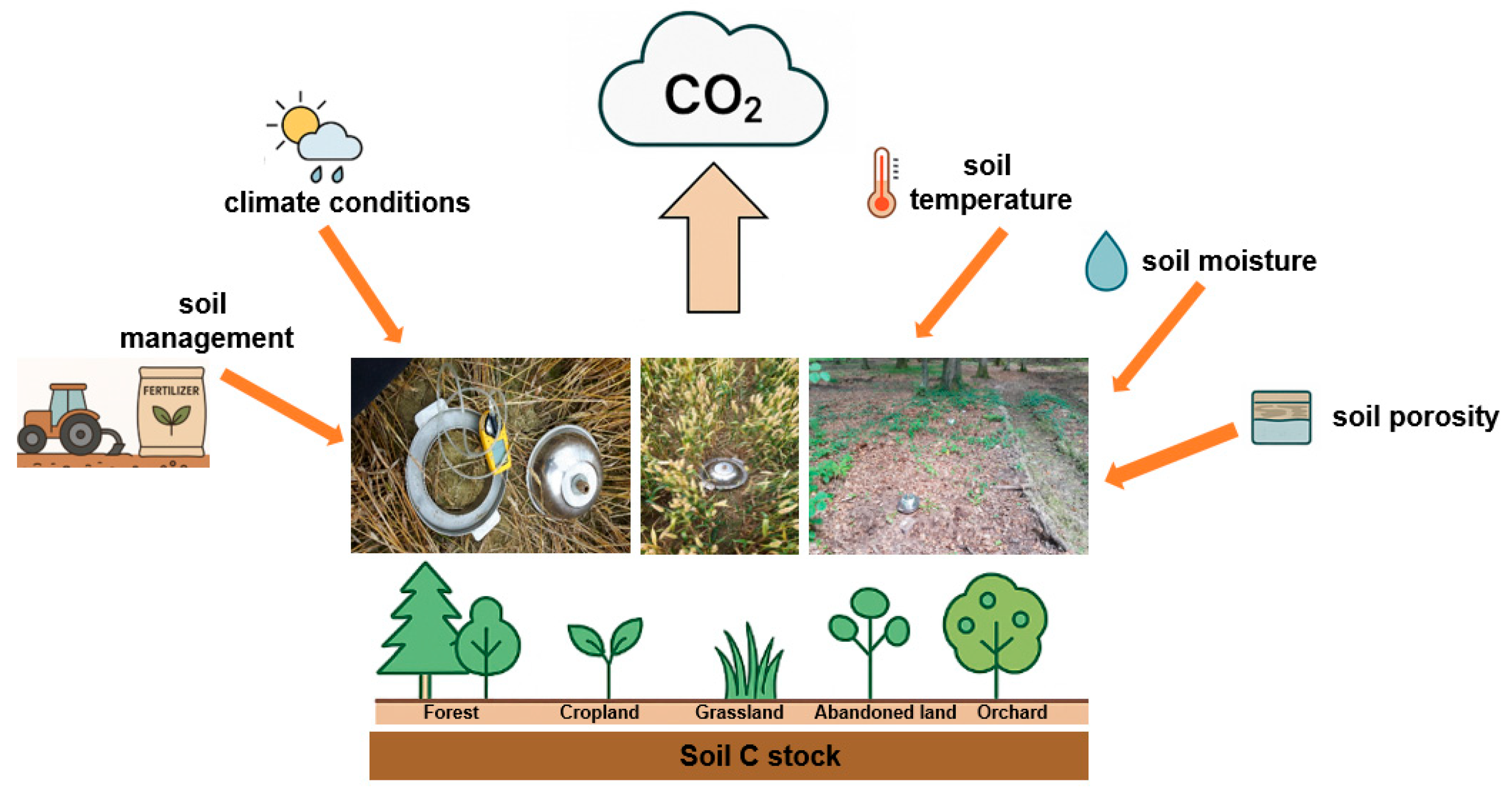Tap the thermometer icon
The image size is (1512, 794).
click(x=881, y=183)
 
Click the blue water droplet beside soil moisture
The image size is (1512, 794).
click(x=1106, y=263)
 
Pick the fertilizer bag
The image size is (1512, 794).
click(x=172, y=411)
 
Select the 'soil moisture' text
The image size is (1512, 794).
click(x=1229, y=261)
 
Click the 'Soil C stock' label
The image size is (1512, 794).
click(x=759, y=756)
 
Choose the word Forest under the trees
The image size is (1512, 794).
click(x=451, y=712)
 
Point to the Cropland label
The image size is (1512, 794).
click(x=598, y=712)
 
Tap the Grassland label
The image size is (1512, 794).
click(x=739, y=712)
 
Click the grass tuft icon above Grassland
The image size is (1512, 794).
click(x=748, y=663)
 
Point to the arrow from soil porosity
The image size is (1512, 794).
click(x=1171, y=454)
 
